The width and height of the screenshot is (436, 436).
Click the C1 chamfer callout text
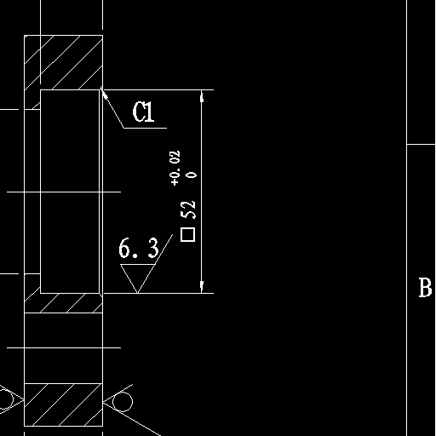[x=144, y=112]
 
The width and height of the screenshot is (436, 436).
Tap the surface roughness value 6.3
[x=139, y=248]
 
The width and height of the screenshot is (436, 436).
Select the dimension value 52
[x=188, y=210]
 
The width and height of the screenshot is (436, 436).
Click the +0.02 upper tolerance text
[x=175, y=168]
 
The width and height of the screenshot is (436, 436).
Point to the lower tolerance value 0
[x=192, y=175]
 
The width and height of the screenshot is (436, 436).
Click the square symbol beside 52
[x=188, y=235]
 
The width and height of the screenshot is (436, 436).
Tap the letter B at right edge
[x=425, y=288]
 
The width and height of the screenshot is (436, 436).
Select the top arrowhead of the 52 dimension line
[x=202, y=95]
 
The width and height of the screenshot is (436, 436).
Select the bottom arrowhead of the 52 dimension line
[x=202, y=287]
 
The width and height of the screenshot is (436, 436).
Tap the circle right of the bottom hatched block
[x=123, y=402]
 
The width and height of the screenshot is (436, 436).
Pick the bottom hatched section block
[x=63, y=404]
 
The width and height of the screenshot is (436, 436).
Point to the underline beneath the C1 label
[x=145, y=128]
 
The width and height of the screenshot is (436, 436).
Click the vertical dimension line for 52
[x=202, y=192]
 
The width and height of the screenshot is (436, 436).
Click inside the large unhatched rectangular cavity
[x=70, y=192]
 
